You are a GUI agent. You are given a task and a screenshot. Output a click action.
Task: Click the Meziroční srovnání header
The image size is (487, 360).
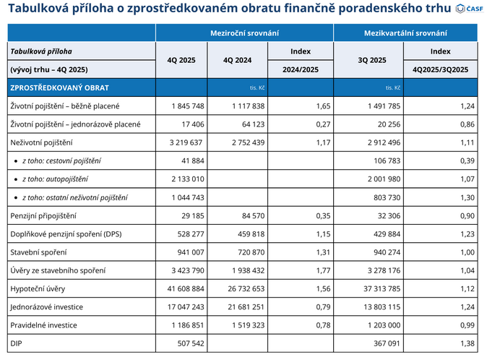[244, 33]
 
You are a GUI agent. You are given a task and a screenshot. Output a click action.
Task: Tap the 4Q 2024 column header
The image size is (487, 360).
[239, 60]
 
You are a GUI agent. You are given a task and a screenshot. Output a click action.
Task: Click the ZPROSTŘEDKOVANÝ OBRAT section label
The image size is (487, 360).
[59, 87]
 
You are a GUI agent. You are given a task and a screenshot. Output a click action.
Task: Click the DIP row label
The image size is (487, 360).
[17, 344]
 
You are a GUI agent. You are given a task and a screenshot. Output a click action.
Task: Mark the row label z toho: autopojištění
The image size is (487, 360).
[61, 179]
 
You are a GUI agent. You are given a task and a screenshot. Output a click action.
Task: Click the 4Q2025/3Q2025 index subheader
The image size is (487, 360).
[440, 69]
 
